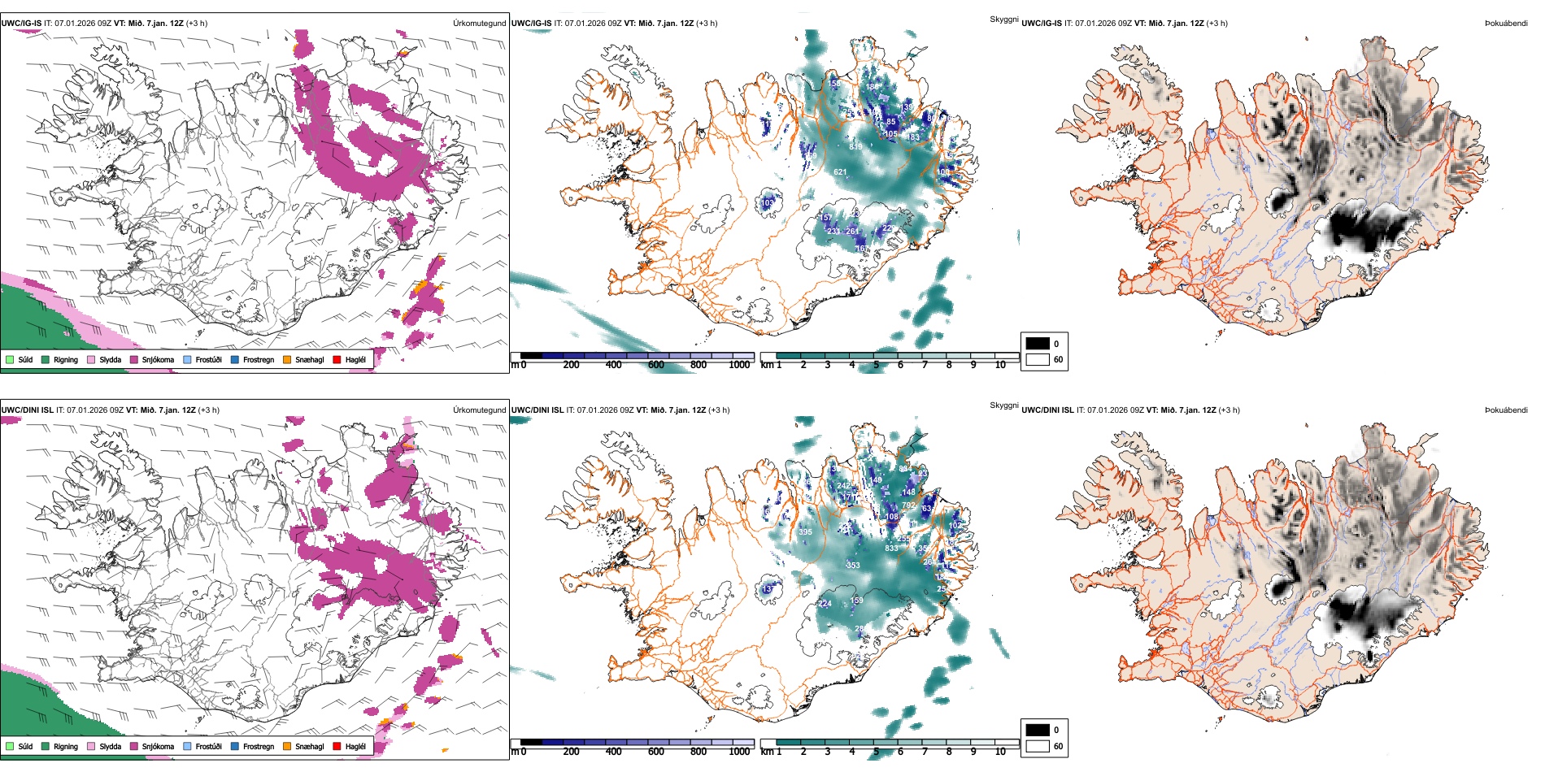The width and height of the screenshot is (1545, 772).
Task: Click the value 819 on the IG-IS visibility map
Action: pyautogui.click(x=855, y=147)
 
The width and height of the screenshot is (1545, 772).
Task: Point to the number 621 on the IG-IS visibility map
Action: pyautogui.click(x=840, y=172)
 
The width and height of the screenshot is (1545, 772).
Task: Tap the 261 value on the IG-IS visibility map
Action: pyautogui.click(x=851, y=232)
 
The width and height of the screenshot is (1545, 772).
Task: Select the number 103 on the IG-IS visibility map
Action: pyautogui.click(x=768, y=203)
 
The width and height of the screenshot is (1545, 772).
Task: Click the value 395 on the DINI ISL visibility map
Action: pyautogui.click(x=805, y=532)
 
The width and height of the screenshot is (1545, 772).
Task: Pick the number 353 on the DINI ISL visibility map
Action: pyautogui.click(x=852, y=565)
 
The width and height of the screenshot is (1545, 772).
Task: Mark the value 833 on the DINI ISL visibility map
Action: pyautogui.click(x=891, y=549)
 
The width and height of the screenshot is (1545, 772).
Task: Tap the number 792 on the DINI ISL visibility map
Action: pyautogui.click(x=908, y=505)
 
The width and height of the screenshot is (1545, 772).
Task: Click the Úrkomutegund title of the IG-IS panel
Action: pyautogui.click(x=479, y=24)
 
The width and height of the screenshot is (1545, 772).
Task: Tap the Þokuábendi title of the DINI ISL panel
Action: pyautogui.click(x=1506, y=410)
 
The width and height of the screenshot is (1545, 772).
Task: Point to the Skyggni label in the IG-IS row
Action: pyautogui.click(x=1003, y=19)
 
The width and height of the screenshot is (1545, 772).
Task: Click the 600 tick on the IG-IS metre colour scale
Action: pyautogui.click(x=656, y=365)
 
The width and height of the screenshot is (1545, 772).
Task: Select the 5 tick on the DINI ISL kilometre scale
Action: pyautogui.click(x=876, y=752)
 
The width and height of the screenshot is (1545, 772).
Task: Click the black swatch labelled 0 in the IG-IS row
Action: pyautogui.click(x=1038, y=343)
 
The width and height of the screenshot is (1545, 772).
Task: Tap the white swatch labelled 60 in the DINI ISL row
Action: pyautogui.click(x=1038, y=746)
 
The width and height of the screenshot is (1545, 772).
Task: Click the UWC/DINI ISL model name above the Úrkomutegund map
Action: pyautogui.click(x=28, y=410)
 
